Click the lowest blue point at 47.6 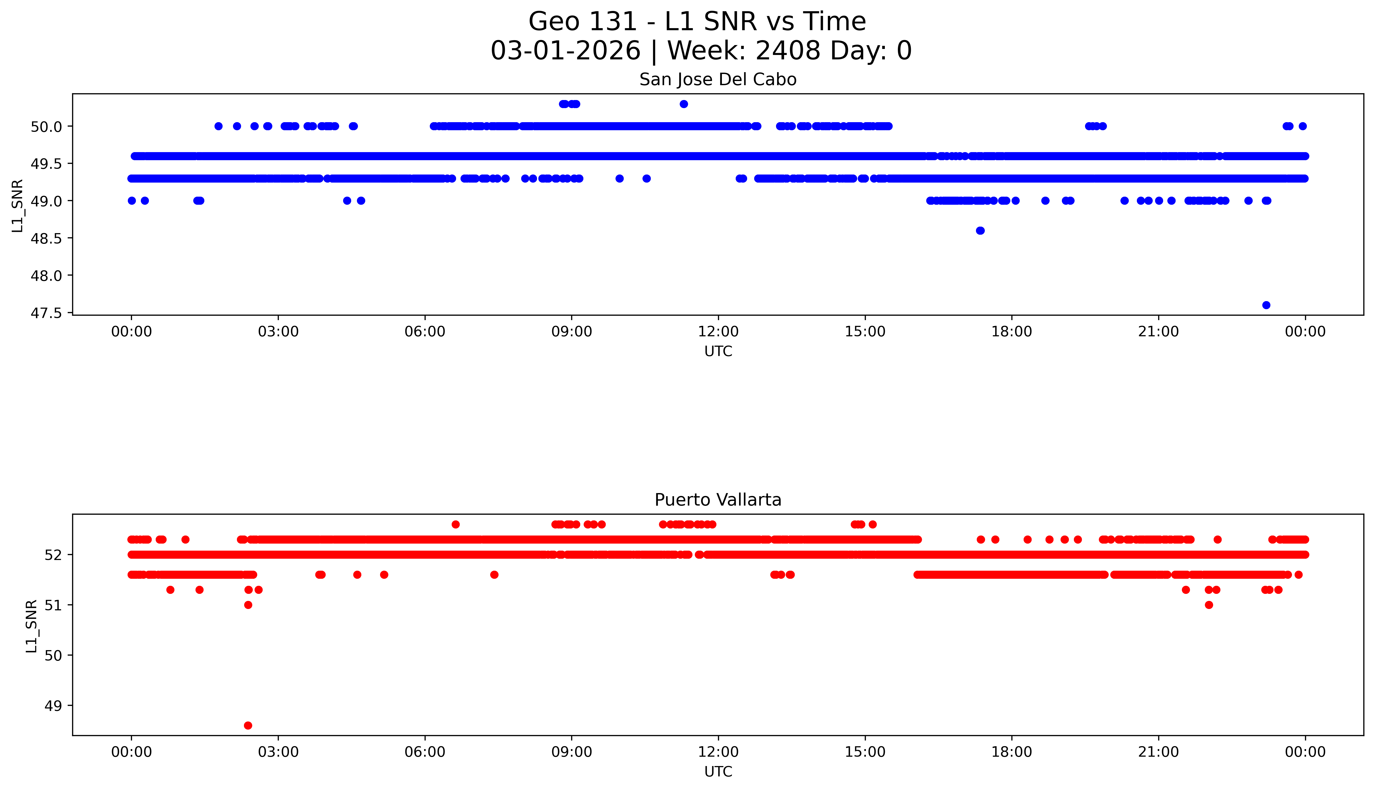click(x=1266, y=305)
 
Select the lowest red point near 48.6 click(x=248, y=725)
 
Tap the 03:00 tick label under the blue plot click(x=278, y=332)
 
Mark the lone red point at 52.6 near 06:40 click(x=456, y=524)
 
